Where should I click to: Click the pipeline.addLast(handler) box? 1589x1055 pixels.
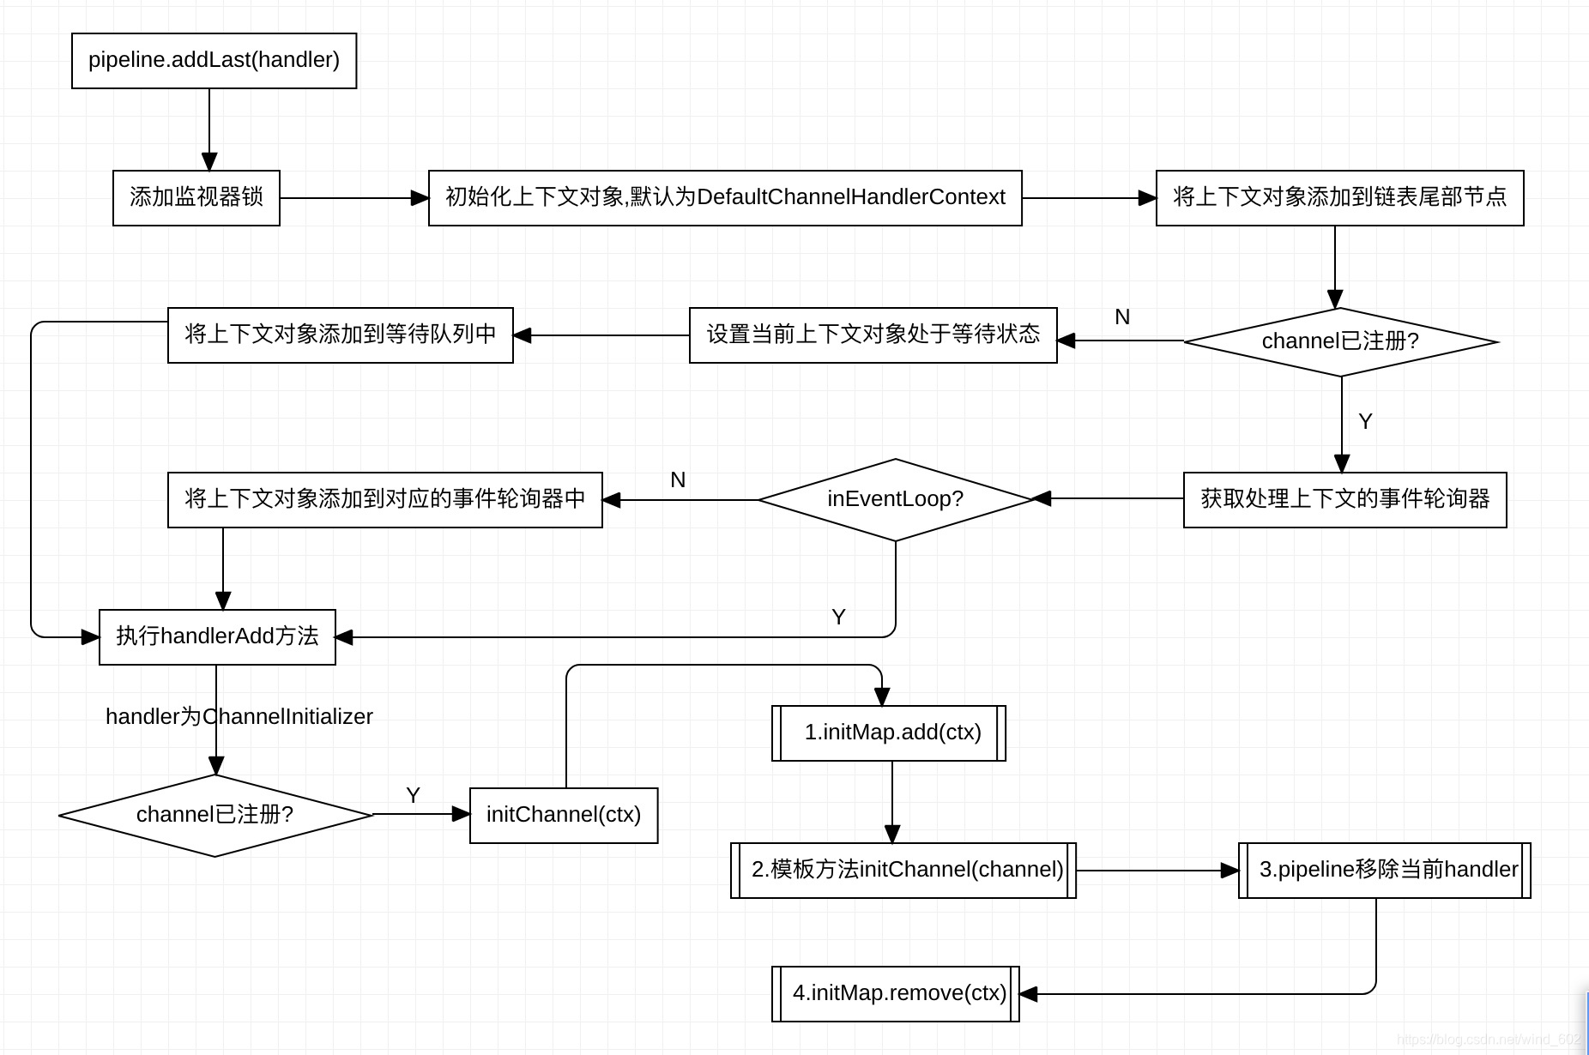pyautogui.click(x=214, y=61)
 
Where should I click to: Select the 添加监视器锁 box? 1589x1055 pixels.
pyautogui.click(x=196, y=198)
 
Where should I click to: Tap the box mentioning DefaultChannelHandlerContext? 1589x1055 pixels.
pyautogui.click(x=725, y=198)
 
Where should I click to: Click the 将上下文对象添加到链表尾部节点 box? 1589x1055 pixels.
pyautogui.click(x=1339, y=198)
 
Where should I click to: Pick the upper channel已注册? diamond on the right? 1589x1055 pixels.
pyautogui.click(x=1340, y=341)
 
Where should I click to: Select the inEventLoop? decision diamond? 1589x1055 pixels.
pyautogui.click(x=895, y=499)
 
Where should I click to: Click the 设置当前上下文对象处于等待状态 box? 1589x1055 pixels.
pyautogui.click(x=873, y=335)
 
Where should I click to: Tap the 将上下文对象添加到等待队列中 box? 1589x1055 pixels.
pyautogui.click(x=340, y=335)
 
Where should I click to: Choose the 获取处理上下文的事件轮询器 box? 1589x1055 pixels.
pyautogui.click(x=1344, y=499)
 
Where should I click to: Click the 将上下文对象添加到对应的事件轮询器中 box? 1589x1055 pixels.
pyautogui.click(x=384, y=499)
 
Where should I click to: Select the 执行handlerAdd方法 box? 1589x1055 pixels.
pyautogui.click(x=217, y=636)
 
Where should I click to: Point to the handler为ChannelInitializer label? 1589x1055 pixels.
pyautogui.click(x=239, y=716)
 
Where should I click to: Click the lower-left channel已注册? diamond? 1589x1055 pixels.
pyautogui.click(x=215, y=815)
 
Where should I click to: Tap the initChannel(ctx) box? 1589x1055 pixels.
pyautogui.click(x=564, y=815)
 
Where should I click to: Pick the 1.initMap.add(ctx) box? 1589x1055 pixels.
pyautogui.click(x=889, y=732)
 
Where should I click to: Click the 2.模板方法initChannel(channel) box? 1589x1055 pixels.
pyautogui.click(x=903, y=870)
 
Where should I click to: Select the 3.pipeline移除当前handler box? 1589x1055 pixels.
pyautogui.click(x=1384, y=870)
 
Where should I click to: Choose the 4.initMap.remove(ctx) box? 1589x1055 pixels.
pyautogui.click(x=896, y=993)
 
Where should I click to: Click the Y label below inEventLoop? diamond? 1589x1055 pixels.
pyautogui.click(x=838, y=617)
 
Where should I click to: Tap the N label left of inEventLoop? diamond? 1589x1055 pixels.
pyautogui.click(x=678, y=479)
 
